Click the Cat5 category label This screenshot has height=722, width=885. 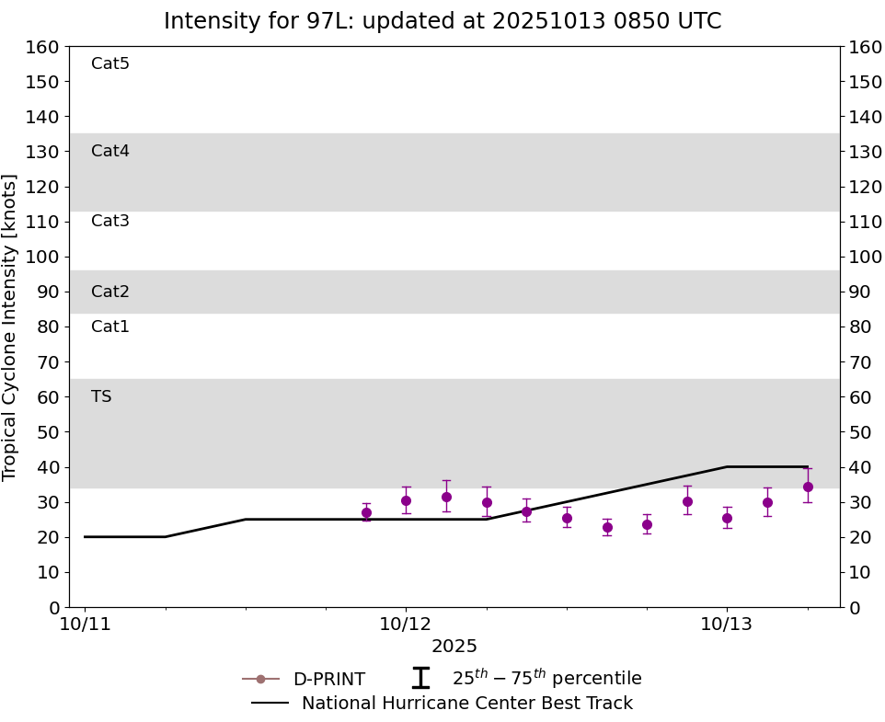pyautogui.click(x=110, y=63)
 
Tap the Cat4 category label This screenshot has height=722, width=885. pyautogui.click(x=110, y=151)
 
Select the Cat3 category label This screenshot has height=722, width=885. pyautogui.click(x=110, y=221)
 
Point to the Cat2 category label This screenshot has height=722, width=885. pyautogui.click(x=110, y=292)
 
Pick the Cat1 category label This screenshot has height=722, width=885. pyautogui.click(x=110, y=327)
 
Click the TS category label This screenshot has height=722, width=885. pyautogui.click(x=101, y=396)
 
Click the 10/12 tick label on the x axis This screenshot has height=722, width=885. pyautogui.click(x=406, y=625)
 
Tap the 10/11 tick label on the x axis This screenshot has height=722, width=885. pyautogui.click(x=85, y=625)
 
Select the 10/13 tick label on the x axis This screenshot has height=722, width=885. pyautogui.click(x=727, y=625)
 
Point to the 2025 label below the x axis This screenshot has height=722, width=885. pyautogui.click(x=454, y=647)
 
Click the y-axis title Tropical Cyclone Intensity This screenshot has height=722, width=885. pyautogui.click(x=10, y=327)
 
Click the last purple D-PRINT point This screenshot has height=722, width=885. pyautogui.click(x=808, y=487)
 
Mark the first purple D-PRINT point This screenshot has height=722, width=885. pyautogui.click(x=366, y=512)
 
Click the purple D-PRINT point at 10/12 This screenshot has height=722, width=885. pyautogui.click(x=406, y=500)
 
